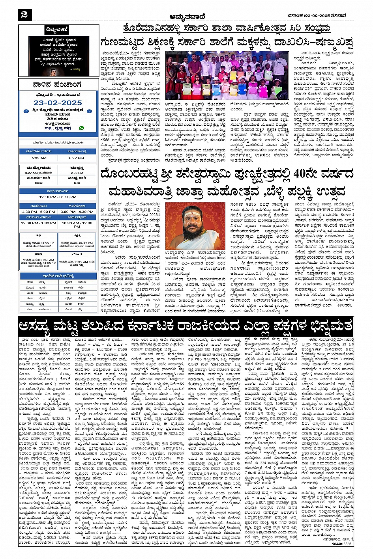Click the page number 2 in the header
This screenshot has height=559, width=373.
tap(24, 15)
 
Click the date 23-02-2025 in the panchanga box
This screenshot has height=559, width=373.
tap(58, 103)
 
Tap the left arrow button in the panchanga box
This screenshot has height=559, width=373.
tap(26, 111)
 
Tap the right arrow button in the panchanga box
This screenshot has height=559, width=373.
tap(89, 111)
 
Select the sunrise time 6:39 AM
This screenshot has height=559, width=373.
tap(39, 158)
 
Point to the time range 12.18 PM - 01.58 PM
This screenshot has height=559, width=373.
tap(58, 197)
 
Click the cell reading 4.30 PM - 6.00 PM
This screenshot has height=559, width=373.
tap(38, 212)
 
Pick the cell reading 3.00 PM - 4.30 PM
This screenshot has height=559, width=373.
tap(77, 212)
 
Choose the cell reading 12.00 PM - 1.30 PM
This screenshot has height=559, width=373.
tap(38, 223)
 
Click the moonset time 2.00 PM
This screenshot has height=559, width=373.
tap(77, 173)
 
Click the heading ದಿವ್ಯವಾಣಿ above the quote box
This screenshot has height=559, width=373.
tap(57, 30)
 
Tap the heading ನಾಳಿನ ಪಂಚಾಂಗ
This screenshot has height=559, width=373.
tap(58, 84)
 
